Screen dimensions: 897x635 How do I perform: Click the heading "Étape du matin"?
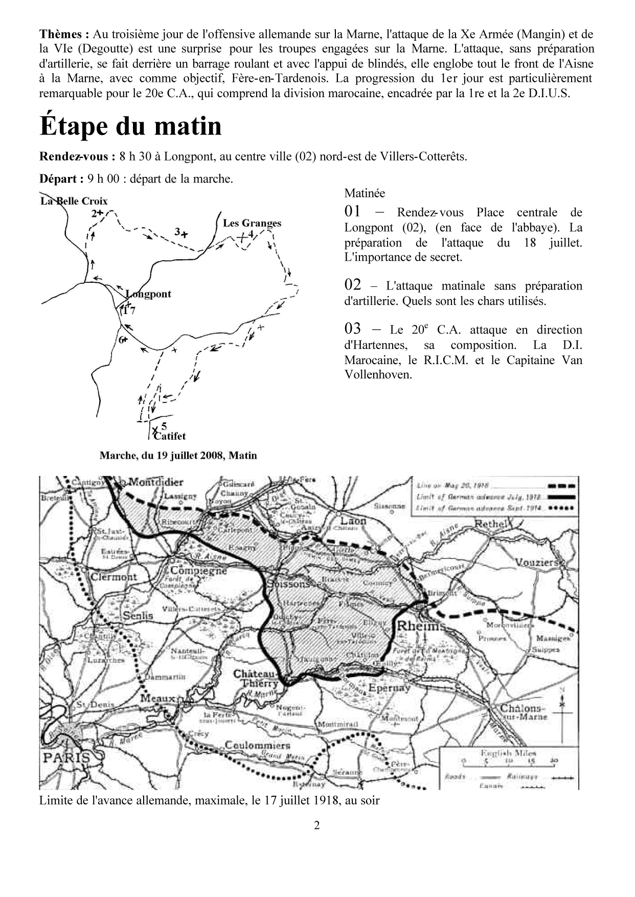click(x=131, y=126)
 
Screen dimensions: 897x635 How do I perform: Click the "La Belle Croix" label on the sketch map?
click(x=74, y=201)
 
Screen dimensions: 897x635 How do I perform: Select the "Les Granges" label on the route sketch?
click(x=252, y=223)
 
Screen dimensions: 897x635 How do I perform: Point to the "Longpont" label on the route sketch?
click(x=148, y=294)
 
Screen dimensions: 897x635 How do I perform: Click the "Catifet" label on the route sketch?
click(x=169, y=436)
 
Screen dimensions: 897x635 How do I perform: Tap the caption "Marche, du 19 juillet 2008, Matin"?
click(x=178, y=455)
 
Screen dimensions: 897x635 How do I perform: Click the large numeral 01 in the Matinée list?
click(x=353, y=211)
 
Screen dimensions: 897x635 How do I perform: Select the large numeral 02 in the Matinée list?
click(x=353, y=285)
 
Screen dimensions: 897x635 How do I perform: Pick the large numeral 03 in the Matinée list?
click(x=353, y=329)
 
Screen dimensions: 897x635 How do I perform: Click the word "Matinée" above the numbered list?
click(x=365, y=193)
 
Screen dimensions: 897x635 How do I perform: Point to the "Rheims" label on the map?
click(x=421, y=625)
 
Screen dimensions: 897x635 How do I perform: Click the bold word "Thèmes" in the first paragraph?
click(x=62, y=34)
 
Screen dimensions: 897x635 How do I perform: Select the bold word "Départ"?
click(x=59, y=179)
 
